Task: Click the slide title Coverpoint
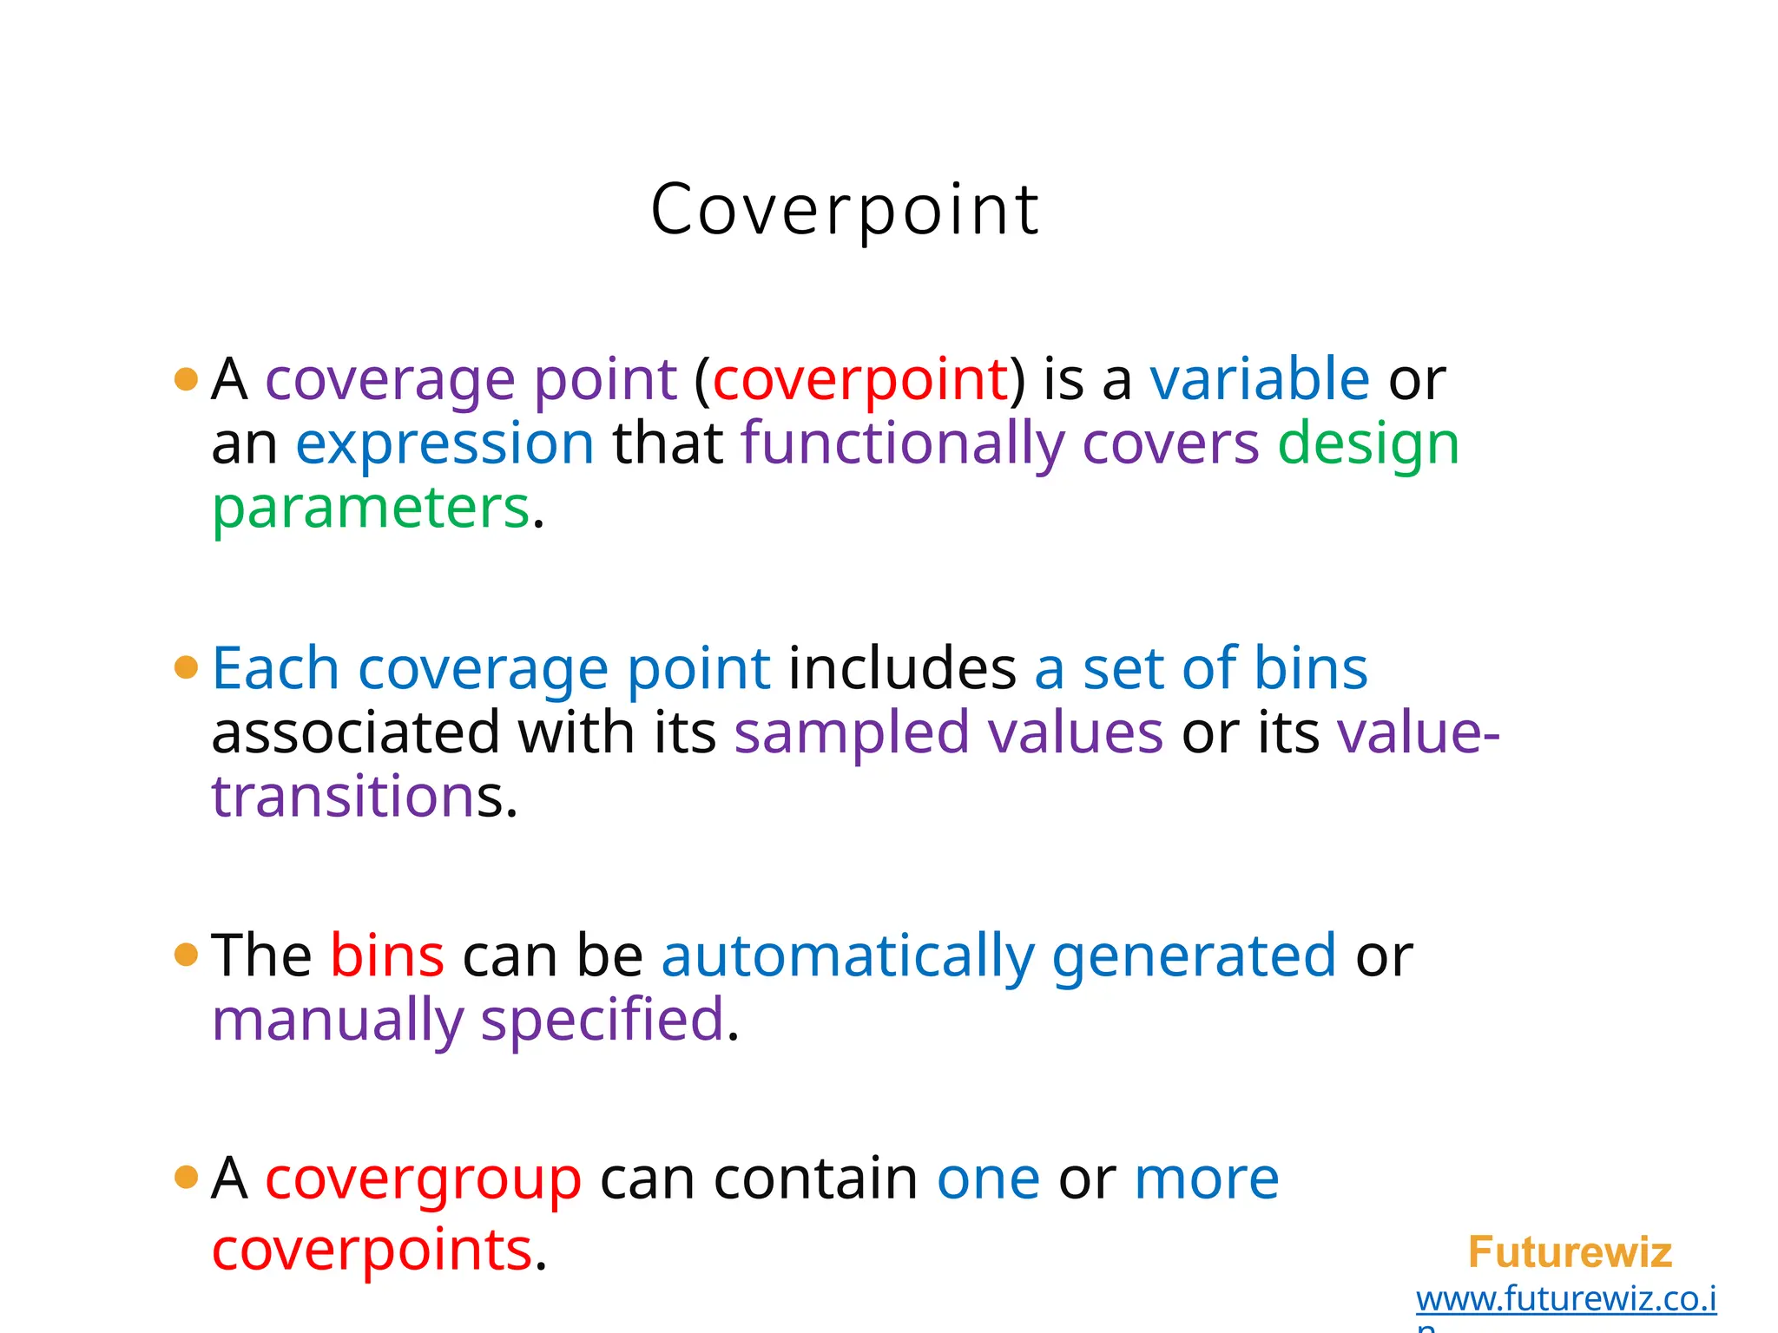point(845,210)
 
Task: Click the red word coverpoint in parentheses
point(859,379)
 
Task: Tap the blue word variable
point(1260,379)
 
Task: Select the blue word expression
point(444,443)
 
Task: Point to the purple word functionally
point(903,443)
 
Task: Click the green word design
point(1368,443)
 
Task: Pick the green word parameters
point(371,508)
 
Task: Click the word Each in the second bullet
point(275,669)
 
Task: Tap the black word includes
point(902,669)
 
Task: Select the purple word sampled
point(851,733)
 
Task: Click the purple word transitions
point(344,797)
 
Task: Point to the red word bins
point(387,955)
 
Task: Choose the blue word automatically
point(848,955)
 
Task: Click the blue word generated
point(1194,955)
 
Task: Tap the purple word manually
point(338,1020)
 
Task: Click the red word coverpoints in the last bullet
point(372,1250)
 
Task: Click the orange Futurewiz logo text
point(1570,1252)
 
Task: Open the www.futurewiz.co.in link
point(1565,1300)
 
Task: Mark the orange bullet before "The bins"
point(186,955)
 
